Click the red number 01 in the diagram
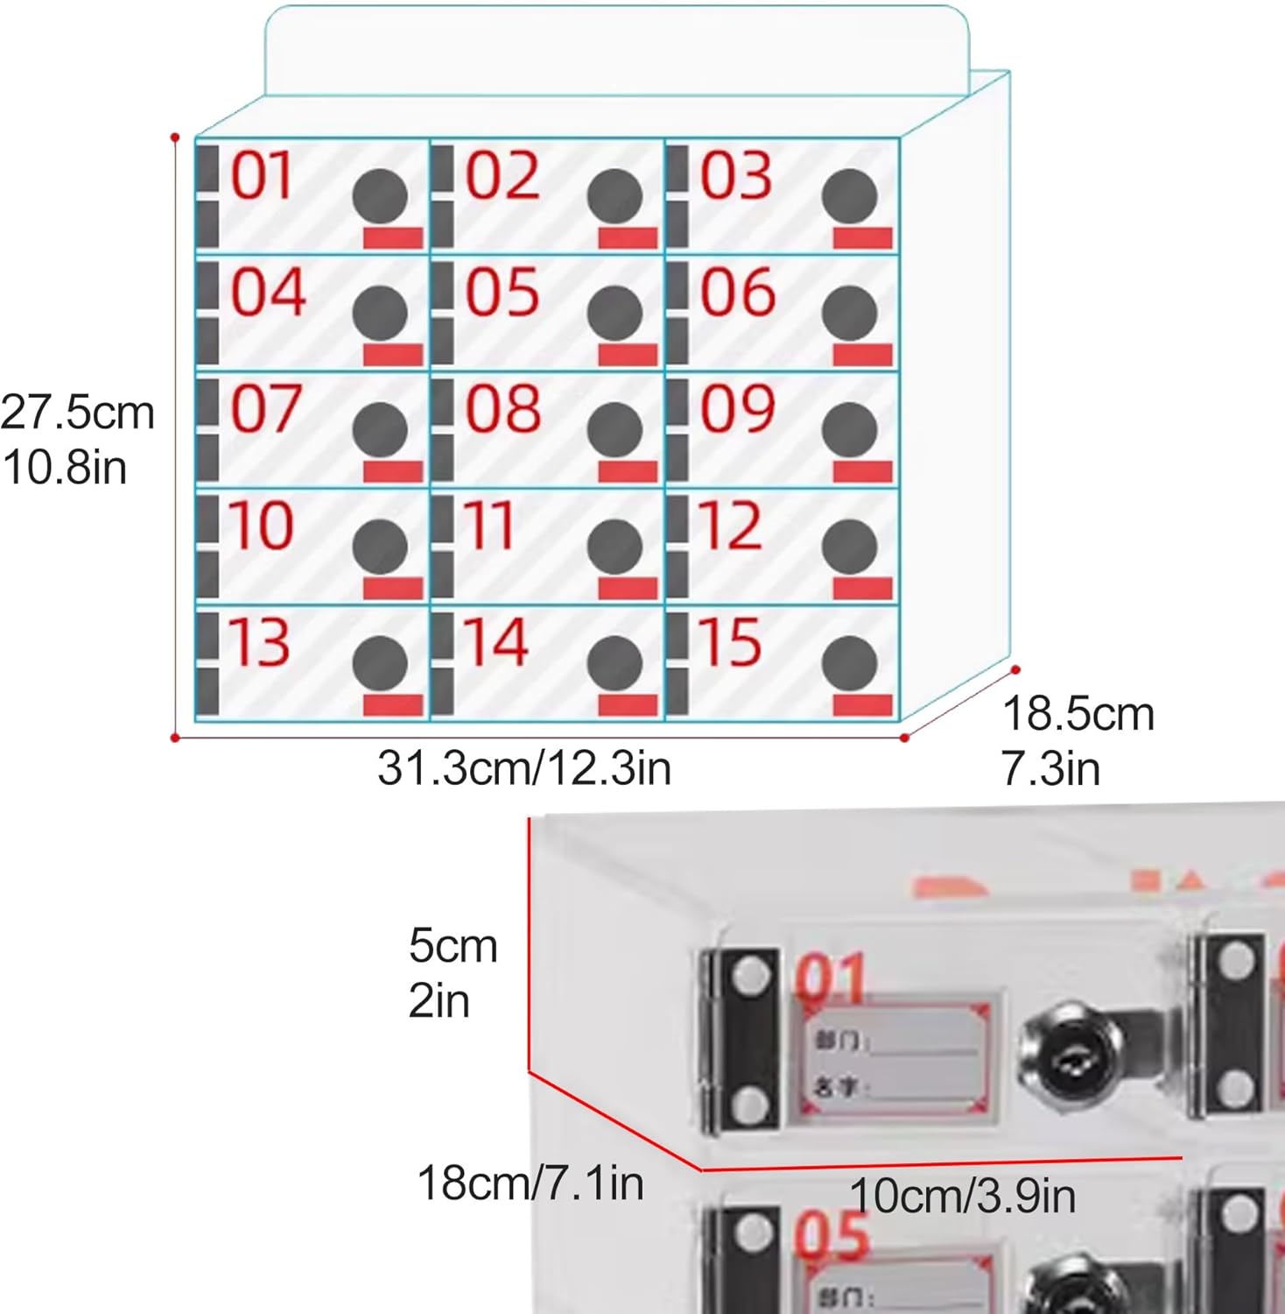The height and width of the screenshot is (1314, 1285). (261, 176)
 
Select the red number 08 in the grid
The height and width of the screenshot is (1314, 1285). (502, 408)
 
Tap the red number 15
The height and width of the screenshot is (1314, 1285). (729, 641)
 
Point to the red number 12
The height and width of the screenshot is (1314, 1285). (729, 525)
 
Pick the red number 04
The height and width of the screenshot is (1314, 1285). (268, 292)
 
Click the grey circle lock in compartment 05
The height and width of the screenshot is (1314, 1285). (614, 312)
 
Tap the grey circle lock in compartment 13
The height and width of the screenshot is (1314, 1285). (380, 662)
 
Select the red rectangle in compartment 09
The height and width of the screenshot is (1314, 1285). (862, 472)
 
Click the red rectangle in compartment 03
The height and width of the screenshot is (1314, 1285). (862, 237)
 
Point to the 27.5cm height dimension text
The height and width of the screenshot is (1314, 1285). (77, 413)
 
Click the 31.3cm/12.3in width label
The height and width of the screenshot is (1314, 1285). (524, 768)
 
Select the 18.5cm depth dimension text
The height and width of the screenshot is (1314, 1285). (1078, 714)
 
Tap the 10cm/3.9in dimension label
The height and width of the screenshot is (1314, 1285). (962, 1196)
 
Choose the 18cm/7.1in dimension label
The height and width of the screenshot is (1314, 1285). (530, 1183)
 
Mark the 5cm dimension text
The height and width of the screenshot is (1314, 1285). (453, 946)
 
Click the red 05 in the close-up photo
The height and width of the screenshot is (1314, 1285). (832, 1237)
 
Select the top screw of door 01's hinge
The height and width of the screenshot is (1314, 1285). (749, 976)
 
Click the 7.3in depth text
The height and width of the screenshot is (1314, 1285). (1050, 769)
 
